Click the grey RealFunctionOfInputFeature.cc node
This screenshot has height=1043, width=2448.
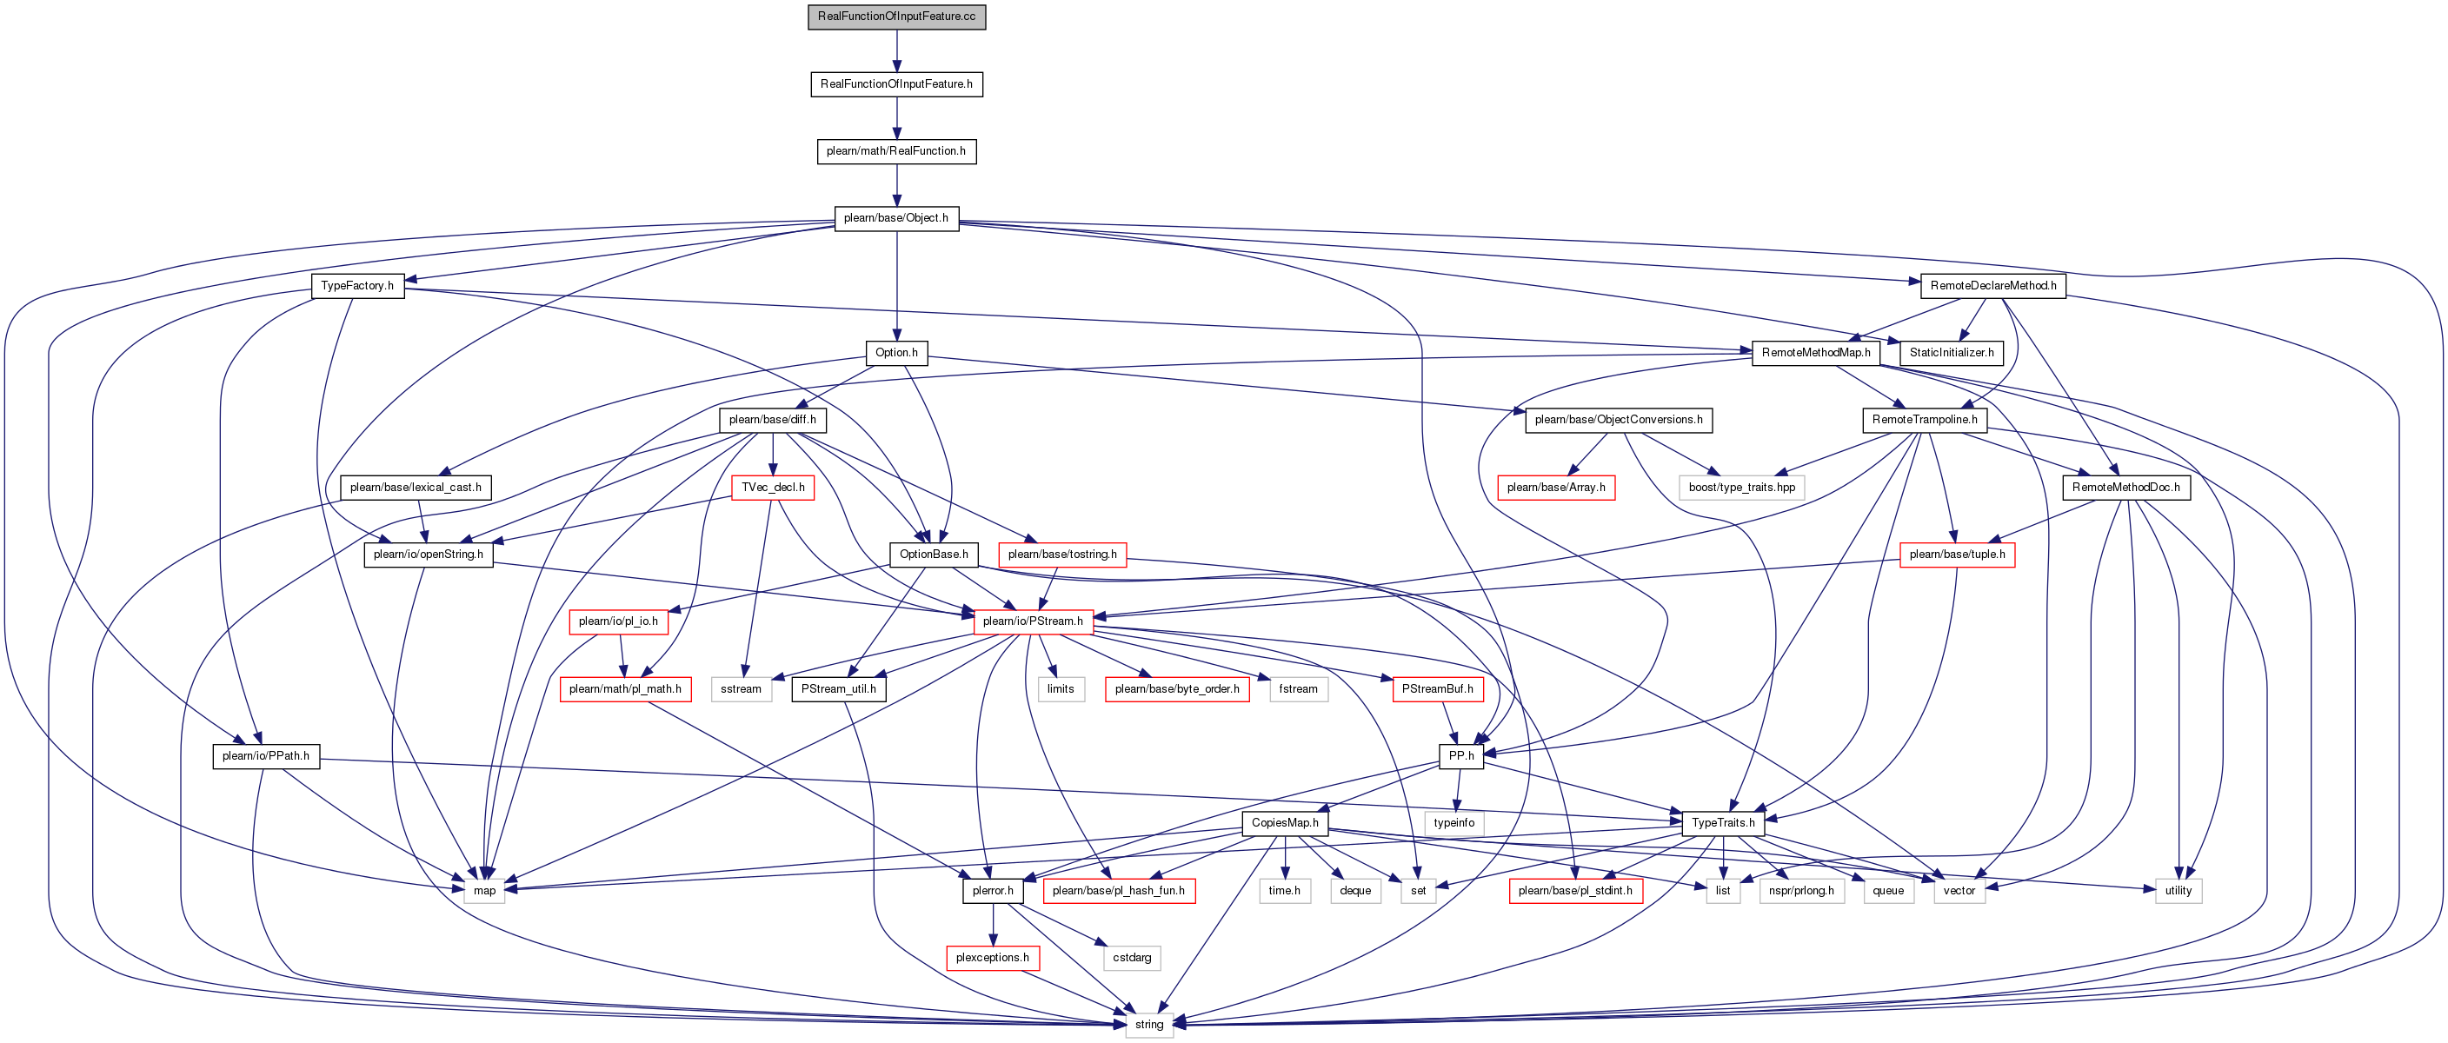coord(896,17)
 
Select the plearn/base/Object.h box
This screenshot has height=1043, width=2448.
coord(896,218)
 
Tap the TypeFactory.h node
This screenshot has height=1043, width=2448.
coord(357,286)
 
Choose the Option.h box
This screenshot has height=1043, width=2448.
coord(896,352)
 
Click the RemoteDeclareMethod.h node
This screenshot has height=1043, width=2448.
coord(1992,286)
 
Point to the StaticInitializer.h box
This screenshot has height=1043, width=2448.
coord(1952,352)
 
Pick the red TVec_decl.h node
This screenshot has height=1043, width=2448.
coord(773,488)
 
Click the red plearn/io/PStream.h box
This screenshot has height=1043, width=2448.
coord(1033,621)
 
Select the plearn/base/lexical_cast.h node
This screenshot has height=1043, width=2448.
coord(416,488)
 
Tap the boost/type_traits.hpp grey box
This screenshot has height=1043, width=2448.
coord(1742,488)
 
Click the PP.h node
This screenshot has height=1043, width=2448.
coord(1460,756)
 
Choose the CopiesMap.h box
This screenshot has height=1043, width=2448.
coord(1285,822)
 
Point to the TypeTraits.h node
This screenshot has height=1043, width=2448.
coord(1723,822)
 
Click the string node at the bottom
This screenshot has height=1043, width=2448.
coord(1149,1025)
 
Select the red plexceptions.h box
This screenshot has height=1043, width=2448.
coord(992,958)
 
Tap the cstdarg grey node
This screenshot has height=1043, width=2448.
coord(1132,958)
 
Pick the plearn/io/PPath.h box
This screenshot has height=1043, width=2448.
coord(266,756)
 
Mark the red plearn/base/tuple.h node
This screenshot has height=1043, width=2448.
coord(1957,555)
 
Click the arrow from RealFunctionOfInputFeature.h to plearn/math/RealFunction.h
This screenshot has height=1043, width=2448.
coord(896,118)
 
